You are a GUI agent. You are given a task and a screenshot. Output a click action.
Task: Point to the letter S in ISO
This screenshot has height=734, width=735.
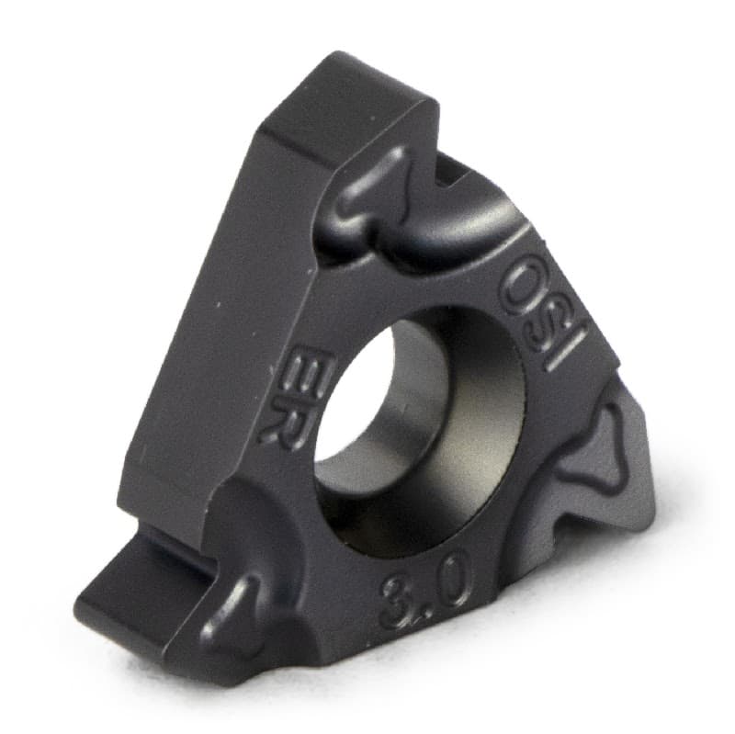pos(548,317)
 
